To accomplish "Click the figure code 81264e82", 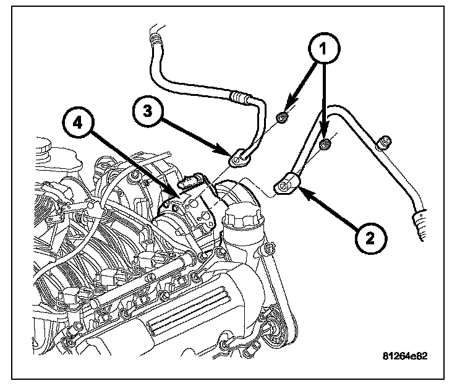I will pos(405,357).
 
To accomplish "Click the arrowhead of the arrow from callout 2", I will pos(301,192).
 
